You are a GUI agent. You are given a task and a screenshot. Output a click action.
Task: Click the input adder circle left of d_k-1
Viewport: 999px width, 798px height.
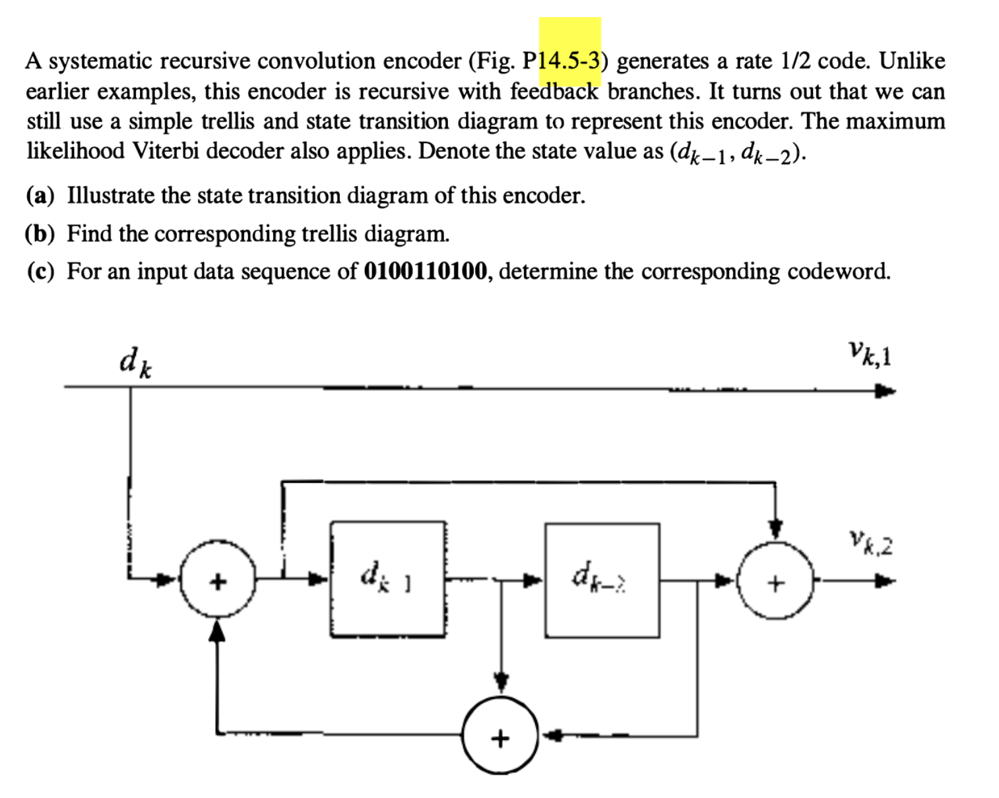point(218,581)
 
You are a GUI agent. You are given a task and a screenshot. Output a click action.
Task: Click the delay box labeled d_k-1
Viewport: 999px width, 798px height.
point(388,579)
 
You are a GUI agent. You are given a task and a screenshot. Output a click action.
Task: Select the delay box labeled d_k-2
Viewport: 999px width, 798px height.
point(602,580)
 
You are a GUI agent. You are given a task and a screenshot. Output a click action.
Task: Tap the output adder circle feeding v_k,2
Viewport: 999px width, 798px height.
point(777,582)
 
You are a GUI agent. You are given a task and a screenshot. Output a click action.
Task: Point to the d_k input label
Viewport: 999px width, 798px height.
point(135,363)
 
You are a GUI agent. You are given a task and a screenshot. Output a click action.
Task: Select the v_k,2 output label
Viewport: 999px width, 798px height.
point(871,545)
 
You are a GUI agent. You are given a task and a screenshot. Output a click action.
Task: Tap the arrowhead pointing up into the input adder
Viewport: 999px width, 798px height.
point(218,632)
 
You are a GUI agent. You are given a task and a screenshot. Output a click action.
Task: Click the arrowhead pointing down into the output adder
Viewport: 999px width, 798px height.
point(777,530)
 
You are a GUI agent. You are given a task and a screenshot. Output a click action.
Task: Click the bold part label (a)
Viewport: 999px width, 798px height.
point(41,196)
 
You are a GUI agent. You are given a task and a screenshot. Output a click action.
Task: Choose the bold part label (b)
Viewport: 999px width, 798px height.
point(41,233)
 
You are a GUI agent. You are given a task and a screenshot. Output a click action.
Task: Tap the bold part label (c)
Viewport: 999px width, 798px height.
point(41,271)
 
